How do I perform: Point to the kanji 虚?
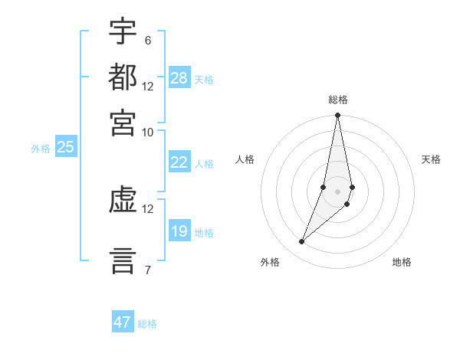(123, 201)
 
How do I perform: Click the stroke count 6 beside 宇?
(147, 40)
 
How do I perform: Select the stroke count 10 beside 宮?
(147, 131)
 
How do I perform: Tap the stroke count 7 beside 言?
(147, 269)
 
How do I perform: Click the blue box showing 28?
(179, 78)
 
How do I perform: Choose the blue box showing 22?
(179, 162)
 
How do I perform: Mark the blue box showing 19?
(179, 231)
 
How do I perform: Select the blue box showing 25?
(65, 148)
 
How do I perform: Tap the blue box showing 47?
(123, 322)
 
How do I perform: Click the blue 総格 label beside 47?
(147, 324)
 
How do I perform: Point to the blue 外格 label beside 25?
(41, 149)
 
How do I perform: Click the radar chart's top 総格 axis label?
(337, 100)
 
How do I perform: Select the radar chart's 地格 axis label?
(402, 263)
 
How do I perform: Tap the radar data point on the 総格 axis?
(337, 116)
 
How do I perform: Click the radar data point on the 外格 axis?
(301, 242)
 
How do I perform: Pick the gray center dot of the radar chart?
(337, 191)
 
